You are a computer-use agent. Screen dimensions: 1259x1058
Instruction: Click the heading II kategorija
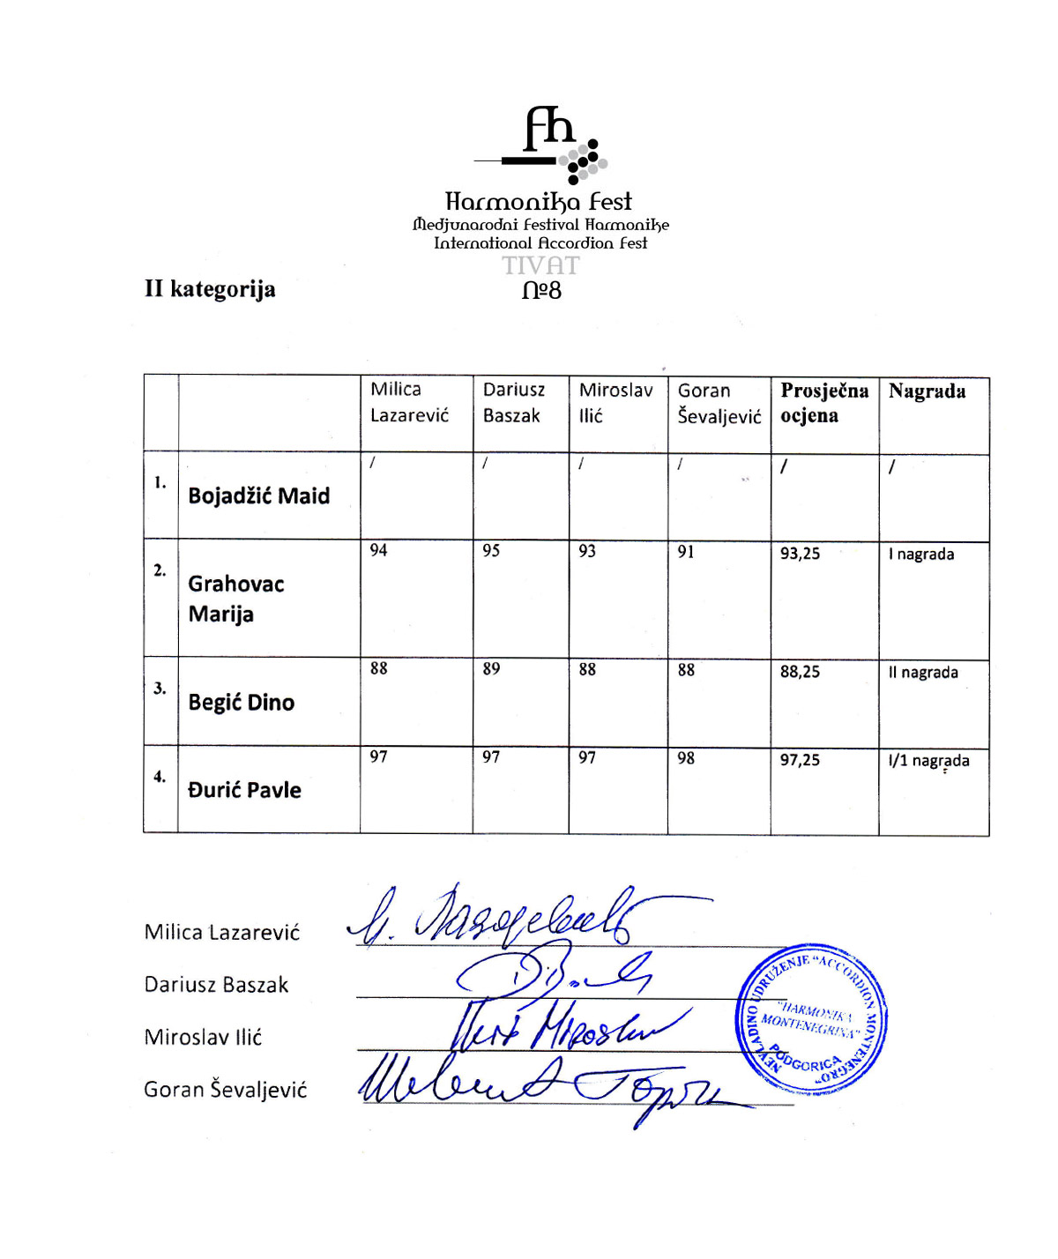click(x=210, y=289)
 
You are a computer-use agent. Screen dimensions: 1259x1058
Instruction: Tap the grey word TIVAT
click(x=540, y=265)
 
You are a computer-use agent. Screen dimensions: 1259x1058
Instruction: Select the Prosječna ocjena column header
click(x=823, y=403)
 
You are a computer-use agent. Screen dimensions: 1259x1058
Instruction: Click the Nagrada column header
click(x=927, y=391)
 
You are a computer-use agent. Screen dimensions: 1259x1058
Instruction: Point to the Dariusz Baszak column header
click(x=513, y=402)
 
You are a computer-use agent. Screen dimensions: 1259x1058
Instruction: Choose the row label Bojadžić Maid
click(x=258, y=496)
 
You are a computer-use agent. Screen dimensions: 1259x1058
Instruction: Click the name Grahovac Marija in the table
click(x=235, y=599)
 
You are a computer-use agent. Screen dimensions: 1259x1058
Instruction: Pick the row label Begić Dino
click(x=241, y=703)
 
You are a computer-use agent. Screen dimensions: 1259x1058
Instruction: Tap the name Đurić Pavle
click(x=244, y=790)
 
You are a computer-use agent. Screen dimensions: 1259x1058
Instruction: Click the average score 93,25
click(x=800, y=554)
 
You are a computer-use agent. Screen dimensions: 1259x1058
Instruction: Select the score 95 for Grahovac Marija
click(x=491, y=551)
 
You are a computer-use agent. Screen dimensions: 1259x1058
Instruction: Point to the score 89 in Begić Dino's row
click(x=491, y=669)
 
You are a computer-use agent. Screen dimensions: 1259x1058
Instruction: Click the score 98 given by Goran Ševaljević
click(x=686, y=758)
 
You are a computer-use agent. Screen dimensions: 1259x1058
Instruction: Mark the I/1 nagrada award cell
click(x=928, y=761)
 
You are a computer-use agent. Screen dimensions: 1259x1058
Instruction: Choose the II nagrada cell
click(x=923, y=673)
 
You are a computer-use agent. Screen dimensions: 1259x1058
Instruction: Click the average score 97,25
click(x=800, y=760)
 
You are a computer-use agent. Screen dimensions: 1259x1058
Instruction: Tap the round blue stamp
click(x=811, y=1020)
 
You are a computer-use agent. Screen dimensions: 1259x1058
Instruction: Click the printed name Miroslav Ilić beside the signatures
click(x=203, y=1038)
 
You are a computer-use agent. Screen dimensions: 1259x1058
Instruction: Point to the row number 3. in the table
click(x=160, y=689)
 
